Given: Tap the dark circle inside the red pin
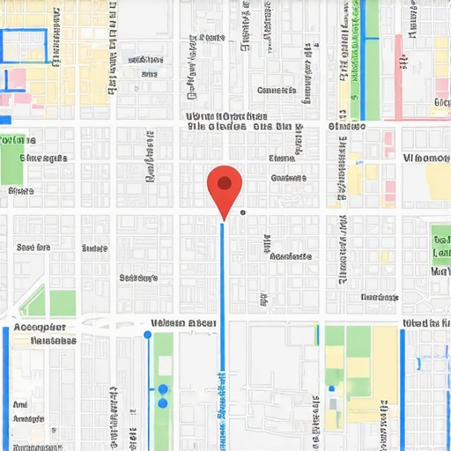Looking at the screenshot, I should pyautogui.click(x=225, y=183).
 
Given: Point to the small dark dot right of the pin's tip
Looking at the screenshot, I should pyautogui.click(x=242, y=212).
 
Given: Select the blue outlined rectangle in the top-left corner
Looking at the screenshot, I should pyautogui.click(x=24, y=46).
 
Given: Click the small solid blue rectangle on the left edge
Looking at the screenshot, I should pyautogui.click(x=4, y=119).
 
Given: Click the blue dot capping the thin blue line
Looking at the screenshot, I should pyautogui.click(x=147, y=335).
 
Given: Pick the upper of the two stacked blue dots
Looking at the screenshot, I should pyautogui.click(x=163, y=388).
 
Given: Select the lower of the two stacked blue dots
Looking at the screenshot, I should pyautogui.click(x=163, y=403).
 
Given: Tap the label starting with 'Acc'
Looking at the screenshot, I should pyautogui.click(x=41, y=327).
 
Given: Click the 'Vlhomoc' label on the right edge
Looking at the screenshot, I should pyautogui.click(x=425, y=158).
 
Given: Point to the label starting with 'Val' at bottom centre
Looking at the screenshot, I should pyautogui.click(x=183, y=323).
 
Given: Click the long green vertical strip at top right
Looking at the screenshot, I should pyautogui.click(x=373, y=79).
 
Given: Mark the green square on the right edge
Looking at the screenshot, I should pyautogui.click(x=440, y=237).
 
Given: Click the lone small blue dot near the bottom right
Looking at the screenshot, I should pyautogui.click(x=331, y=388).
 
